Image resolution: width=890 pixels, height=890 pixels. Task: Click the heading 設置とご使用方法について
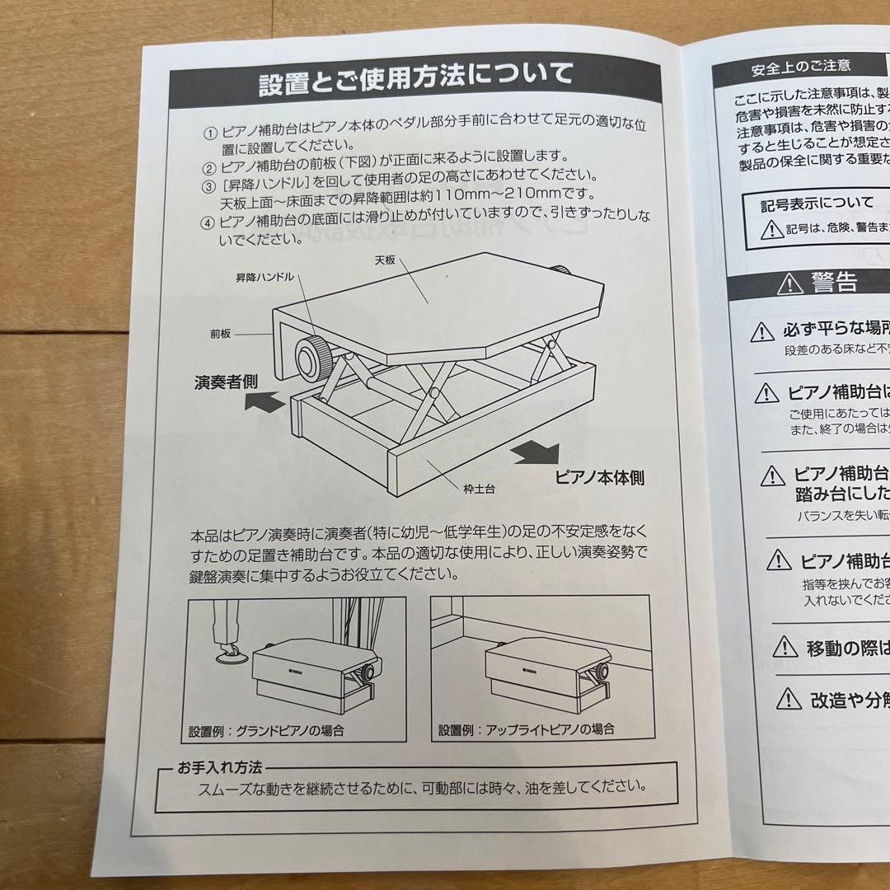(x=415, y=78)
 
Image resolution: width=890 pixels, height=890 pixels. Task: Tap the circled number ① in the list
(x=209, y=134)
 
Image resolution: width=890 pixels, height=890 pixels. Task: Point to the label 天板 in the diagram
(x=386, y=260)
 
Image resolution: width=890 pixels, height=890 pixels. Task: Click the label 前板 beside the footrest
(x=221, y=335)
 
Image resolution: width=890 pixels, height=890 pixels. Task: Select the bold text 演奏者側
(x=226, y=382)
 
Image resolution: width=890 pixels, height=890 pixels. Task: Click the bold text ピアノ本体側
(x=599, y=476)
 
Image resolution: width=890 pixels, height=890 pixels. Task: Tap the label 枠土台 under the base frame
(x=479, y=488)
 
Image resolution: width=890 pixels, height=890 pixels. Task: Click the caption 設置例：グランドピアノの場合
(x=265, y=730)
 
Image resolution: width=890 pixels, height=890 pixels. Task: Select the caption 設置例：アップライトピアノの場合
(x=527, y=729)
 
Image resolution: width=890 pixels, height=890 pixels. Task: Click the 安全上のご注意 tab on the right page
(x=789, y=64)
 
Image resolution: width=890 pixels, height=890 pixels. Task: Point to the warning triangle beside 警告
(x=789, y=284)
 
